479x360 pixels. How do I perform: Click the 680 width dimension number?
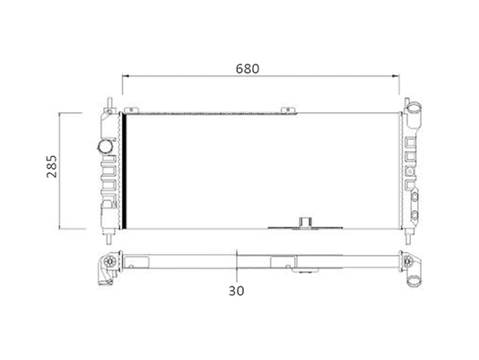tap(248, 69)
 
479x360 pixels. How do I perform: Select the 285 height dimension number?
tap(52, 166)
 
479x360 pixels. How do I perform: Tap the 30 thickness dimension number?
tap(237, 291)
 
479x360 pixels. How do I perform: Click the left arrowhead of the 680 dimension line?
tap(125, 75)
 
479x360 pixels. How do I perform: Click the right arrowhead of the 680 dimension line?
tap(396, 75)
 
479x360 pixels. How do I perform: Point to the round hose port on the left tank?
tap(105, 146)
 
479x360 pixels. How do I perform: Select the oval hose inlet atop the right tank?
tap(414, 108)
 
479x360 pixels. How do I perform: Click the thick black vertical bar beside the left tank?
tap(124, 171)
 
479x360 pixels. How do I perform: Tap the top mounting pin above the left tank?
tap(109, 102)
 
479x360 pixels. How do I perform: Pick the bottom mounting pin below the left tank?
tap(109, 238)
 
